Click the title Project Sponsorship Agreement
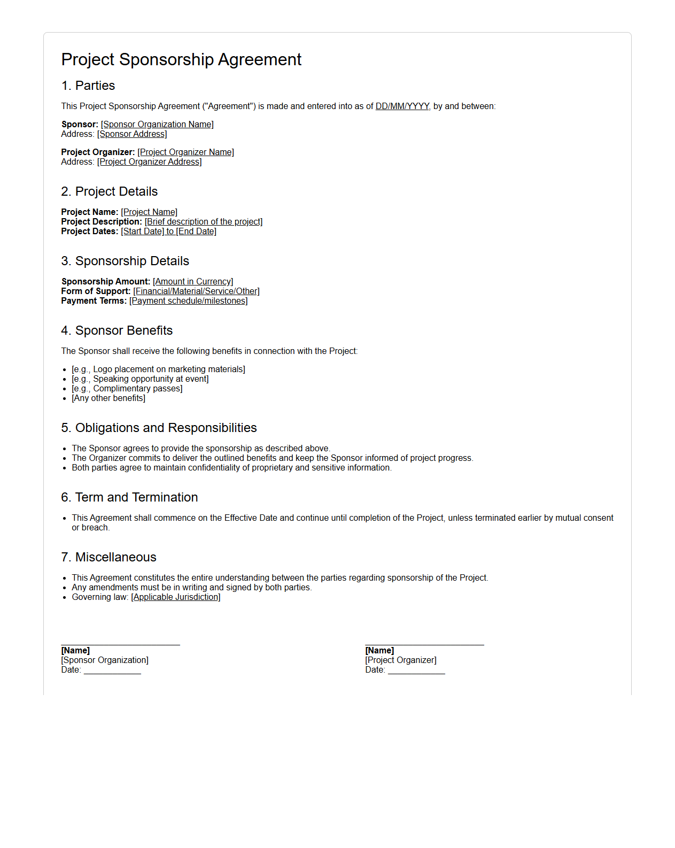click(x=181, y=59)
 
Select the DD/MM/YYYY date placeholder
click(x=402, y=106)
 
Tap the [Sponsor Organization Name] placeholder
click(x=157, y=125)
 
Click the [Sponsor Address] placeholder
click(x=132, y=134)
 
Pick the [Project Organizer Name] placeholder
click(x=185, y=152)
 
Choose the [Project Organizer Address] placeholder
click(x=149, y=162)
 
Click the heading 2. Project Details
click(x=109, y=191)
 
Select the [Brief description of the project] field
click(x=203, y=222)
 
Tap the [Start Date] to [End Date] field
click(x=168, y=232)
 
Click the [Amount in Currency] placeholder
click(x=193, y=282)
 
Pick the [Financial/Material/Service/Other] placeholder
click(x=196, y=291)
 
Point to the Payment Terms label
click(x=94, y=301)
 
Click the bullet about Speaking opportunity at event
click(x=140, y=379)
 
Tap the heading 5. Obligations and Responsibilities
click(x=159, y=428)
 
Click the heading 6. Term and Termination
click(x=129, y=497)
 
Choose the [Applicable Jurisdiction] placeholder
click(x=175, y=597)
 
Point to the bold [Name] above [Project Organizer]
click(x=379, y=651)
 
